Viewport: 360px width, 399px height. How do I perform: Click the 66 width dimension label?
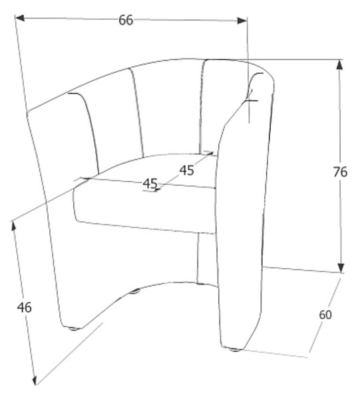(x=126, y=20)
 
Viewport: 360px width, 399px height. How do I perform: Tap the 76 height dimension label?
(x=340, y=172)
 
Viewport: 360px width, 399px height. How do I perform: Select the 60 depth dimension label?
(x=325, y=315)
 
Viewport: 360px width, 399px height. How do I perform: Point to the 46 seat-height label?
(x=25, y=307)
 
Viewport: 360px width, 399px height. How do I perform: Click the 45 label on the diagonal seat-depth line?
(x=186, y=170)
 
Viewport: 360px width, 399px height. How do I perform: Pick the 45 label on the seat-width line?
(x=150, y=184)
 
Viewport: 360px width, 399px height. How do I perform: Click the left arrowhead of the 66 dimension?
(x=20, y=18)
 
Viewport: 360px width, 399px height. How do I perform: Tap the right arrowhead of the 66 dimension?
(x=242, y=21)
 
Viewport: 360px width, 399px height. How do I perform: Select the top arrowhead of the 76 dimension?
(x=339, y=65)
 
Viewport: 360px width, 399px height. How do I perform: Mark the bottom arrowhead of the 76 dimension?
(x=341, y=268)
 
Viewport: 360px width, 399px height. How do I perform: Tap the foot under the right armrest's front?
(x=234, y=350)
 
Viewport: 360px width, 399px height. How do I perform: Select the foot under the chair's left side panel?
(x=74, y=329)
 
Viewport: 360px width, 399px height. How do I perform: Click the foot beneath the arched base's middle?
(x=134, y=291)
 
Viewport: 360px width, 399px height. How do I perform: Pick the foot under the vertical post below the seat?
(x=201, y=283)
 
